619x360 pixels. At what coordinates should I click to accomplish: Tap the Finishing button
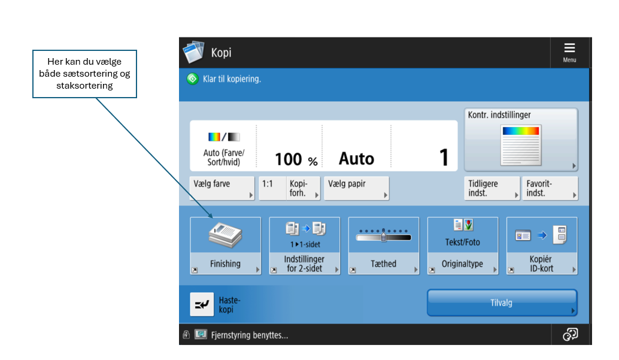[226, 246]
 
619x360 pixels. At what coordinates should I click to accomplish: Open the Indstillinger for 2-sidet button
[304, 246]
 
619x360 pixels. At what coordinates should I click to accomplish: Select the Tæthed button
[383, 246]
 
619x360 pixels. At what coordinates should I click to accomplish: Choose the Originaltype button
[463, 246]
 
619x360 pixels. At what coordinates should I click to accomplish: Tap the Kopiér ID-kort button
[542, 246]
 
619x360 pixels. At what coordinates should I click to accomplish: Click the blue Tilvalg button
[502, 302]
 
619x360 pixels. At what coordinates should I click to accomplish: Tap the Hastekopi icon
[202, 304]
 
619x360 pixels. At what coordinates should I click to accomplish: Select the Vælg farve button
[222, 188]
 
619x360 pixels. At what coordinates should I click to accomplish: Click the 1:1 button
[272, 188]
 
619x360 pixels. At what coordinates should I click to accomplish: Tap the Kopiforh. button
[303, 188]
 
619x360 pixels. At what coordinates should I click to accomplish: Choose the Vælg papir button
[356, 188]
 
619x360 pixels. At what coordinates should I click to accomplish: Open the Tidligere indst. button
[492, 188]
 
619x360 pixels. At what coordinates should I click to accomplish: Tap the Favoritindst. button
[550, 188]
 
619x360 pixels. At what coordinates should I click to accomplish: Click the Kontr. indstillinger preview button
[521, 140]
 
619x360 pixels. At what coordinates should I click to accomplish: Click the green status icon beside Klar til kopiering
[193, 79]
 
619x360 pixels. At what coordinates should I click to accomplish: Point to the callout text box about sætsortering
[84, 74]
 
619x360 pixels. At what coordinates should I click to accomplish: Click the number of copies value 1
[444, 157]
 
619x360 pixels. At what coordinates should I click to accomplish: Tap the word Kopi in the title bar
[221, 53]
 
